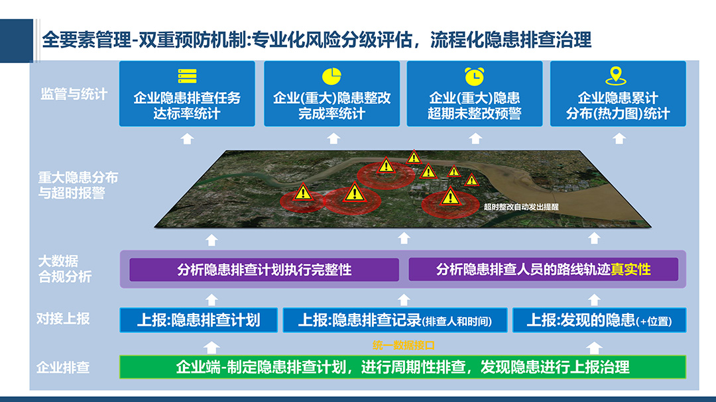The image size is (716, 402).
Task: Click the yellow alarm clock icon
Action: pyautogui.click(x=475, y=76)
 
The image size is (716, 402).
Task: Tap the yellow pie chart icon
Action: pyautogui.click(x=331, y=76)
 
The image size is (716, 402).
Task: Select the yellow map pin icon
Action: pyautogui.click(x=616, y=75)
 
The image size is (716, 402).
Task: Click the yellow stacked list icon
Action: pyautogui.click(x=187, y=76)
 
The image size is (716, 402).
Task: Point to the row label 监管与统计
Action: pyautogui.click(x=74, y=94)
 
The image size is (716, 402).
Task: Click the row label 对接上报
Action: pyautogui.click(x=63, y=319)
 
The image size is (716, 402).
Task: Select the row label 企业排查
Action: pyautogui.click(x=63, y=368)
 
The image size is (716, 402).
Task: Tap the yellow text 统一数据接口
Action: pyautogui.click(x=404, y=346)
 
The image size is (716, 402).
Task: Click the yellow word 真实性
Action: pyautogui.click(x=630, y=270)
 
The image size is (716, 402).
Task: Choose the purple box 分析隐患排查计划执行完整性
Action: pyautogui.click(x=265, y=270)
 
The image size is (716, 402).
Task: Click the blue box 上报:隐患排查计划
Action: pyautogui.click(x=199, y=320)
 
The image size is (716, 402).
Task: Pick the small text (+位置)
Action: pyautogui.click(x=654, y=321)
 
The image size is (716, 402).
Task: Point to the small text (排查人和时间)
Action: pyautogui.click(x=457, y=321)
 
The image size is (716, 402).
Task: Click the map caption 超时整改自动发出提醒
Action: pyautogui.click(x=521, y=207)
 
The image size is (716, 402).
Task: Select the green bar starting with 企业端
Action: pyautogui.click(x=403, y=367)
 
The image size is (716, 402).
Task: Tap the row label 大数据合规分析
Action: pyautogui.click(x=65, y=269)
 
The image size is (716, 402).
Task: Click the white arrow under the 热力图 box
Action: pyautogui.click(x=619, y=138)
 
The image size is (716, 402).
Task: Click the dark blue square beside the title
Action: pyautogui.click(x=17, y=40)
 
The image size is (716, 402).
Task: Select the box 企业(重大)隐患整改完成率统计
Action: pyautogui.click(x=332, y=93)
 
